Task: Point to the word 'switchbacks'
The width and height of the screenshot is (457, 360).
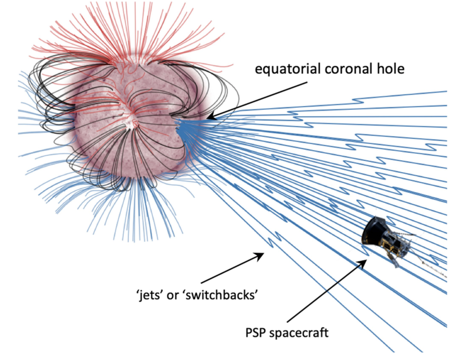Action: tap(221, 295)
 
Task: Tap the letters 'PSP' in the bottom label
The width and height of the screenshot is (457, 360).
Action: tap(256, 333)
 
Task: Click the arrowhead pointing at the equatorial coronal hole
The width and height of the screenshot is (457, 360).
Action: tap(212, 117)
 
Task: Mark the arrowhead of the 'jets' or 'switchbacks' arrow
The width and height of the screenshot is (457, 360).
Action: tap(259, 256)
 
